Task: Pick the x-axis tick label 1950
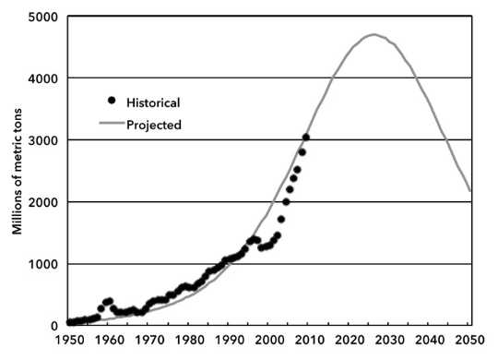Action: (x=68, y=341)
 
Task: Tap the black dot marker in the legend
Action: (x=113, y=101)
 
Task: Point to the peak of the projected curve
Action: (x=373, y=35)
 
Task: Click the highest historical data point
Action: (x=305, y=138)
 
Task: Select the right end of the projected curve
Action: (x=469, y=191)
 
